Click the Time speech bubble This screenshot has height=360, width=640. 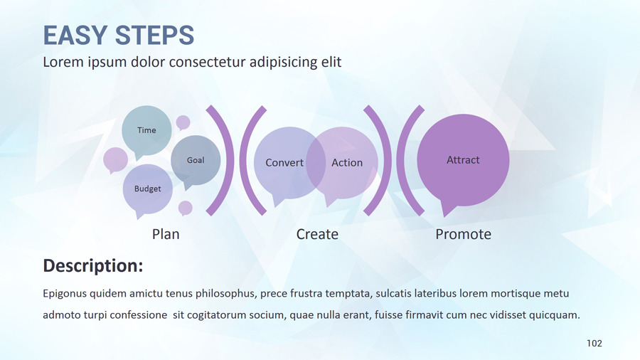tap(146, 131)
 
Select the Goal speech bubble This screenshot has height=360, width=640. tap(196, 160)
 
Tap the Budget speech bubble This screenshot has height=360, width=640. tap(147, 189)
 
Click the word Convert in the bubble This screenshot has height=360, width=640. tap(284, 163)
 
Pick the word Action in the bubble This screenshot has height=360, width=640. tap(347, 163)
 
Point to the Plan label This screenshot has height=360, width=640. tap(166, 234)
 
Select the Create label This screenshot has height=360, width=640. tap(317, 234)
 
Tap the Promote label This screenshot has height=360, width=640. tap(463, 234)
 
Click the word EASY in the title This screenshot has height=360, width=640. tap(76, 35)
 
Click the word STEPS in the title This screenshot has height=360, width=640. tap(154, 35)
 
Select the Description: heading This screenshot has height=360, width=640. tap(93, 265)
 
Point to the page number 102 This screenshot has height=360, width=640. tap(594, 343)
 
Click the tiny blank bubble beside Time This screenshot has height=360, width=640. tap(183, 122)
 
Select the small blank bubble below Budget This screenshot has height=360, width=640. tap(186, 208)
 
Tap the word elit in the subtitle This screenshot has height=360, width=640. tap(331, 62)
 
